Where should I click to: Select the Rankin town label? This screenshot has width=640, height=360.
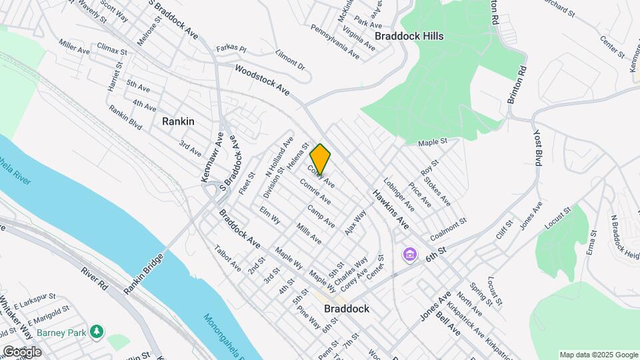[178, 121]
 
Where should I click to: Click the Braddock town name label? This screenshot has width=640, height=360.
[347, 309]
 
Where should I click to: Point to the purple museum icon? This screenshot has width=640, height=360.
[409, 255]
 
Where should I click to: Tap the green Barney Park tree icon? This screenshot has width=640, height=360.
[97, 331]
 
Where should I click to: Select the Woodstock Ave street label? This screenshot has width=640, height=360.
[262, 79]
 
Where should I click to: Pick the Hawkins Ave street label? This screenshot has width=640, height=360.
[391, 209]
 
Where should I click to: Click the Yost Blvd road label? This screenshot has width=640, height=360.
[539, 148]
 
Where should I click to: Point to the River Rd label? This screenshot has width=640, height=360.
[94, 281]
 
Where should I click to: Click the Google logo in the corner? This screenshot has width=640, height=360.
[21, 351]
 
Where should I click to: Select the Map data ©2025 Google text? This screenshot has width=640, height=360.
[598, 354]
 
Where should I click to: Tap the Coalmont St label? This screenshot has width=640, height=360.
[448, 228]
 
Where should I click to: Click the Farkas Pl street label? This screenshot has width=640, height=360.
[231, 49]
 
